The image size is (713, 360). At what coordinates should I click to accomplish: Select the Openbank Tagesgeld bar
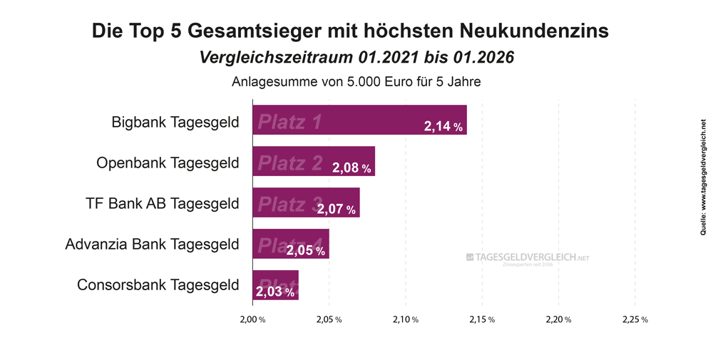tap(314, 161)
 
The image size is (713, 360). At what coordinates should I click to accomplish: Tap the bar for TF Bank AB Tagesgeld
tap(306, 202)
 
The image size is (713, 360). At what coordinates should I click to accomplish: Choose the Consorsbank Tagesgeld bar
tap(275, 285)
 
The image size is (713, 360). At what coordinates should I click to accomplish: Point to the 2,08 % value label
tap(352, 169)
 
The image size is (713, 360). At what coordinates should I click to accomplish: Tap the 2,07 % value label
tap(337, 210)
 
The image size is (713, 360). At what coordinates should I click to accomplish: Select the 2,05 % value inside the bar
tap(306, 251)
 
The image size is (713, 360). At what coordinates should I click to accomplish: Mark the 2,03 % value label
tap(275, 292)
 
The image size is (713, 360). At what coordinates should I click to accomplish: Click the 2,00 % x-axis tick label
tap(252, 319)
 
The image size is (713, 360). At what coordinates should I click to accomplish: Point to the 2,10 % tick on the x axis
tap(405, 319)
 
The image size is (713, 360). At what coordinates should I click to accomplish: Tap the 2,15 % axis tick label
tap(481, 319)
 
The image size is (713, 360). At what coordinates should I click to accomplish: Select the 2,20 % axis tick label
tap(558, 319)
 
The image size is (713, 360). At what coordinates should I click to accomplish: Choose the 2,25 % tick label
tap(635, 319)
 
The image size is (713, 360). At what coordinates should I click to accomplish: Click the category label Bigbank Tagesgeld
tap(175, 121)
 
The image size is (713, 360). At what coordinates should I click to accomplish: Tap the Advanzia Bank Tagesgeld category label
tap(152, 245)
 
